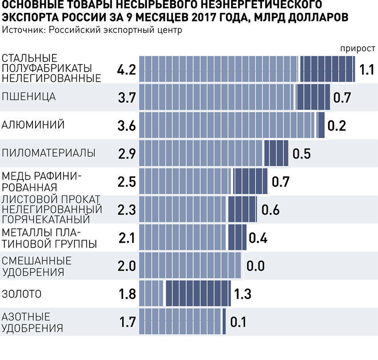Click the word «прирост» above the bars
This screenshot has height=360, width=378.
coord(357,48)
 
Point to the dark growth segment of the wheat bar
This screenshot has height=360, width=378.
coord(313,97)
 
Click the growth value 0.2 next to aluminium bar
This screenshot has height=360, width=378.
coord(337,126)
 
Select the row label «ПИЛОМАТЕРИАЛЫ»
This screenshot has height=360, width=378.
coord(49,153)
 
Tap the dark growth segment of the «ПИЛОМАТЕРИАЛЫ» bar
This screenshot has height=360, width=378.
coord(276,153)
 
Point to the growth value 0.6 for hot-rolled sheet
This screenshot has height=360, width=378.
coord(270,210)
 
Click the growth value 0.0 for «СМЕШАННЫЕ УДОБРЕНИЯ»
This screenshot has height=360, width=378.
coord(256,266)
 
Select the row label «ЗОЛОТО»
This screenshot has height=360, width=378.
coord(22,293)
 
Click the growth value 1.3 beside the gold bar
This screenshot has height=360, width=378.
coord(242,294)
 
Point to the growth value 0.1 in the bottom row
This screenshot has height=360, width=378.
coord(238,321)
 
